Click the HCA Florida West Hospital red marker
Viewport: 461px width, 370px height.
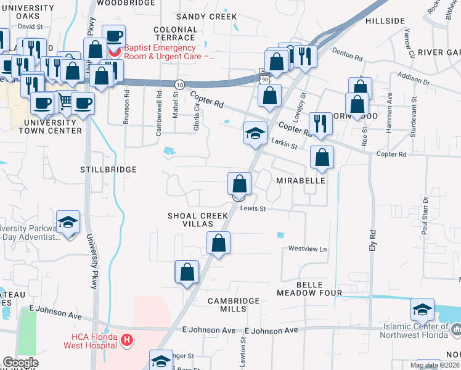127,339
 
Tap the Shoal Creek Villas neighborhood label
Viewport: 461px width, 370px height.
198,220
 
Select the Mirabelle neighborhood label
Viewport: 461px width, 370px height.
300,182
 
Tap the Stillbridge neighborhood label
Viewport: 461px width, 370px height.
108,169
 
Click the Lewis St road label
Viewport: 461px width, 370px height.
253,208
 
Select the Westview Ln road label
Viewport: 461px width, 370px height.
308,249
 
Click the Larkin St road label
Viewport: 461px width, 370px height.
284,146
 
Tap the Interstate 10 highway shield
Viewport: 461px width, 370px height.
179,84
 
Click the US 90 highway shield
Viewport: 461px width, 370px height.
264,80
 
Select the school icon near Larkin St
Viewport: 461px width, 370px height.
255,133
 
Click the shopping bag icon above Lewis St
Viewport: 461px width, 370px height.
239,184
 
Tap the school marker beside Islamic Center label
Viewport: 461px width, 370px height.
422,308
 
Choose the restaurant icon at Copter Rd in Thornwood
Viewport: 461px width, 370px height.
320,123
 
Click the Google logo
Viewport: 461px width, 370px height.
20,363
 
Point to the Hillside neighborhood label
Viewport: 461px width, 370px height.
385,21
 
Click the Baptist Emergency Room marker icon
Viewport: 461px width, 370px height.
113,47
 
